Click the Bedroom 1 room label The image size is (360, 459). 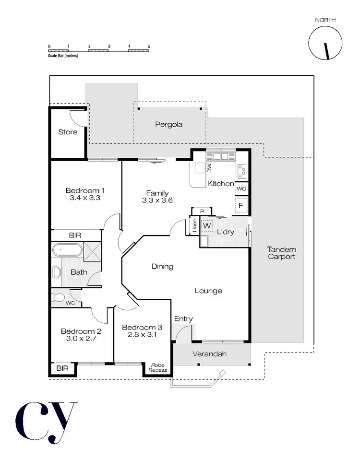(x=84, y=190)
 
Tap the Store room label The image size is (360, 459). (x=68, y=132)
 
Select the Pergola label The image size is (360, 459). (x=168, y=124)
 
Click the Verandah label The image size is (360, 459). (x=210, y=354)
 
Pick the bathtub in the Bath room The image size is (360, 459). (x=67, y=250)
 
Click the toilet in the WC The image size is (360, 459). (x=57, y=297)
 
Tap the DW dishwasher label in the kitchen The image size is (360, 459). (x=209, y=167)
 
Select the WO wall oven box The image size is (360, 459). (x=241, y=188)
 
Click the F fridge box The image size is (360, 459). (x=241, y=206)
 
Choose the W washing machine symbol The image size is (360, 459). (x=207, y=225)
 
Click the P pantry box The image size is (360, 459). (x=202, y=212)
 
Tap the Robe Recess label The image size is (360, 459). (x=158, y=368)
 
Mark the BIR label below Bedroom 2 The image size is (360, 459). (x=62, y=368)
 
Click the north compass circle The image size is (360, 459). (x=325, y=42)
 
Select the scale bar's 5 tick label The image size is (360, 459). (x=149, y=46)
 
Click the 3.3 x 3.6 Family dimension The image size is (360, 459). (x=157, y=200)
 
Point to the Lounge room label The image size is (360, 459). (x=208, y=291)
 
